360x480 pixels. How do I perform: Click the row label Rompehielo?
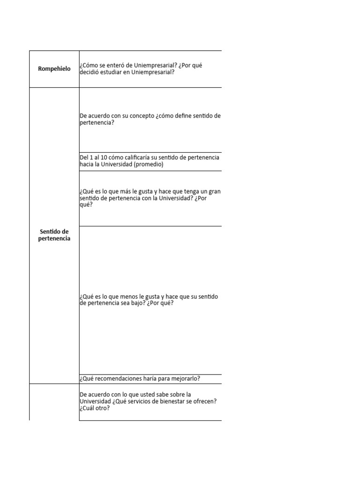pyautogui.click(x=54, y=69)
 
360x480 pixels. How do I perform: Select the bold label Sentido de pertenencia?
pyautogui.click(x=54, y=235)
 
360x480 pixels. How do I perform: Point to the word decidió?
pyautogui.click(x=91, y=72)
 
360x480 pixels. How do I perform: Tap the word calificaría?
pyautogui.click(x=141, y=157)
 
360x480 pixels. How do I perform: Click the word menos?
pyautogui.click(x=131, y=296)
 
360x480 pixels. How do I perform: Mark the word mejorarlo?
pyautogui.click(x=185, y=379)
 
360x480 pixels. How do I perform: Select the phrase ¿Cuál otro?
pyautogui.click(x=95, y=408)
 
